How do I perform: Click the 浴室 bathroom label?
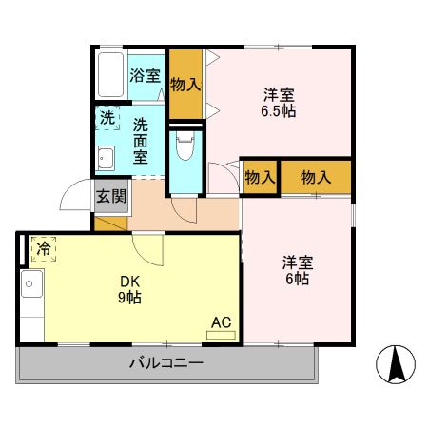145,75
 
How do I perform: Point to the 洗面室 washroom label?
141,139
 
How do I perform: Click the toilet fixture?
185,147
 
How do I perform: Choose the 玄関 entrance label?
110,197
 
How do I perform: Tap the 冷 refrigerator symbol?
44,248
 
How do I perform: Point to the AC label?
221,321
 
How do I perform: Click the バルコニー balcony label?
165,362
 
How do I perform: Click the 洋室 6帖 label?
295,270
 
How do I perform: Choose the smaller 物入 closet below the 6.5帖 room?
259,177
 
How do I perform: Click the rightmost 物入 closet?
315,177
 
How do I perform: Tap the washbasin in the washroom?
105,160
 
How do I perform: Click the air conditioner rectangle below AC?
221,334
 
